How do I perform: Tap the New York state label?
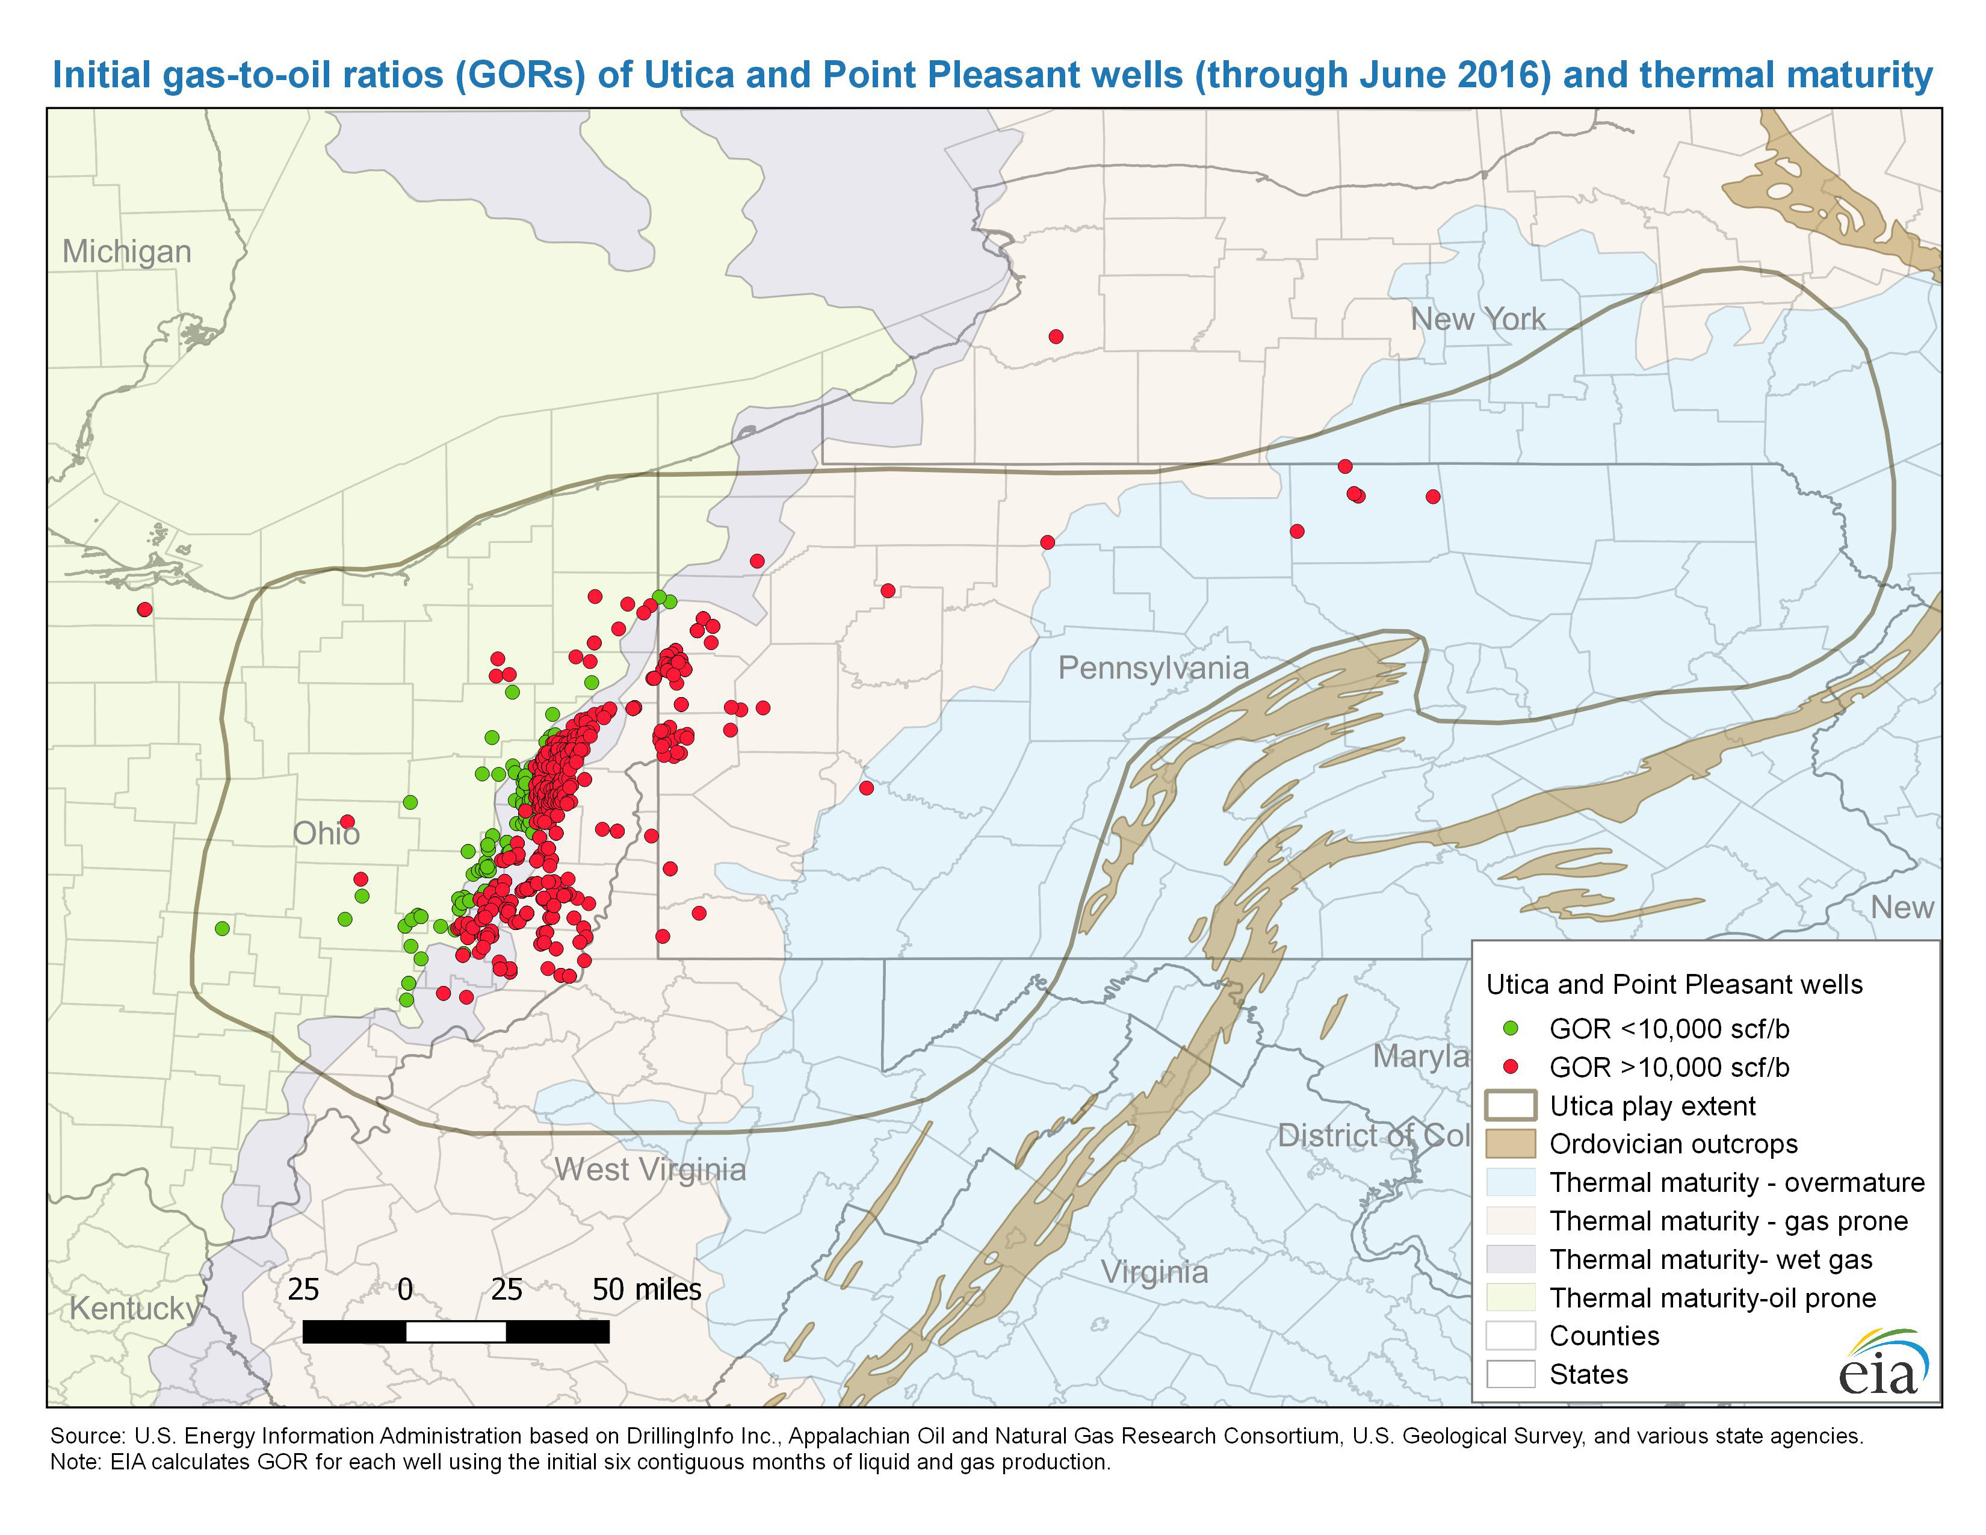coord(1477,319)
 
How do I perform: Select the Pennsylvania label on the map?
coord(1153,668)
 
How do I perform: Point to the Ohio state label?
coord(326,833)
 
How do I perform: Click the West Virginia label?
coord(650,1170)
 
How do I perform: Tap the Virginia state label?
coord(1155,1272)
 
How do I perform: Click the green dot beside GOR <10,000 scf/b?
coord(1511,1029)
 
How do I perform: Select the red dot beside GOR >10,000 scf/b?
coord(1511,1067)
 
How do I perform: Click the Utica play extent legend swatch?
coord(1511,1106)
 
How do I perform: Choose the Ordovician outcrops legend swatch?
coord(1511,1144)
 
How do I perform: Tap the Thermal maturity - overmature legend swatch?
coord(1511,1182)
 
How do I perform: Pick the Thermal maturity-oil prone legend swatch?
coord(1511,1298)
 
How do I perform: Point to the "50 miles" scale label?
coord(646,1289)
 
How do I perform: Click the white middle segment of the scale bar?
coord(456,1332)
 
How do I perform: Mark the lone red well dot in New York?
coord(1056,336)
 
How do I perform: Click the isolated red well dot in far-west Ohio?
coord(144,609)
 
